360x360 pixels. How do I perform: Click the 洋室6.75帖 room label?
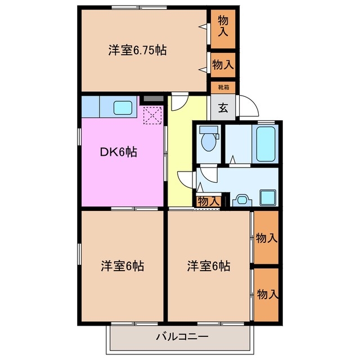click(137, 51)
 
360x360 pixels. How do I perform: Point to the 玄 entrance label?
click(223, 108)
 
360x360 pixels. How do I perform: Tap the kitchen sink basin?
click(123, 106)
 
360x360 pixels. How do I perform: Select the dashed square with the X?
click(152, 116)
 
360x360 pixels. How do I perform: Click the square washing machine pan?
click(267, 197)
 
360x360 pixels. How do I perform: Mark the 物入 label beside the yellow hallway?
click(209, 201)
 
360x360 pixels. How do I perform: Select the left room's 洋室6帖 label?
click(123, 265)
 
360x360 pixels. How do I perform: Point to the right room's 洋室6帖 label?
click(208, 265)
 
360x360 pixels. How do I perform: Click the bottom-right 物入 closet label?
click(267, 294)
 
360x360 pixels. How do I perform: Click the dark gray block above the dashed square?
click(151, 99)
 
